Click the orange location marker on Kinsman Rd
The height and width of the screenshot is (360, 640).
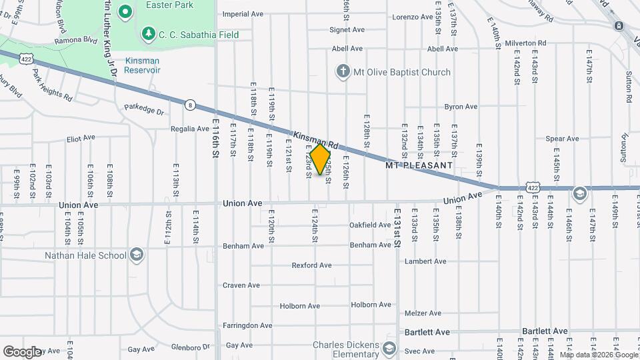click(x=321, y=160)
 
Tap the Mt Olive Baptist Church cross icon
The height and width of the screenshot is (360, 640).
click(x=343, y=72)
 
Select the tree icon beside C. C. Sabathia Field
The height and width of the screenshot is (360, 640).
click(x=147, y=34)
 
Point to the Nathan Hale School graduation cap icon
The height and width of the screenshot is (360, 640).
click(x=137, y=255)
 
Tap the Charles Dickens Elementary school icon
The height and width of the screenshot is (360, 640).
click(x=389, y=349)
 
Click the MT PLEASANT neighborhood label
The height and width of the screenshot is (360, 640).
click(x=419, y=164)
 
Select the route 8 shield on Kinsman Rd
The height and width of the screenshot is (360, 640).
click(x=191, y=105)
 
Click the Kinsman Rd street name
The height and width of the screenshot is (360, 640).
click(x=315, y=137)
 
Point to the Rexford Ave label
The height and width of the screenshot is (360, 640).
click(x=311, y=265)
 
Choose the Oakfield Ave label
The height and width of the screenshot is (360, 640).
click(x=370, y=225)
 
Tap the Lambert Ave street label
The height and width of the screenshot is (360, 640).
click(x=425, y=261)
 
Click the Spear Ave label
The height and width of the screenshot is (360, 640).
click(x=562, y=139)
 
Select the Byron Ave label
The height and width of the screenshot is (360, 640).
click(x=461, y=107)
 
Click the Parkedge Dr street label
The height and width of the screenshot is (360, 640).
click(x=143, y=109)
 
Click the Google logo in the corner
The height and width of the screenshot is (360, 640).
click(x=22, y=351)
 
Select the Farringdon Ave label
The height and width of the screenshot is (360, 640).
click(x=249, y=326)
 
